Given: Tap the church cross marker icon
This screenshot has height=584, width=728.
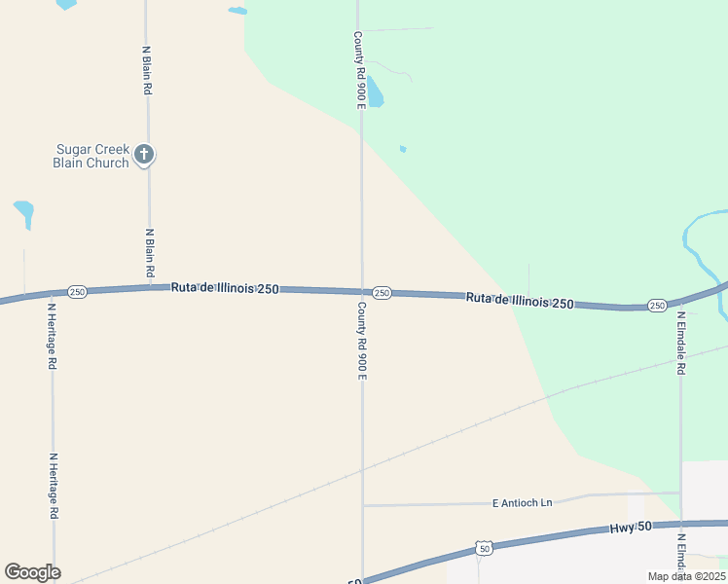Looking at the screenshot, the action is pyautogui.click(x=144, y=153).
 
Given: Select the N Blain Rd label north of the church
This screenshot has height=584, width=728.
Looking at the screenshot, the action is pyautogui.click(x=147, y=69).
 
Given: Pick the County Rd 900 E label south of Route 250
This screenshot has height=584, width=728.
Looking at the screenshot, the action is pyautogui.click(x=361, y=341).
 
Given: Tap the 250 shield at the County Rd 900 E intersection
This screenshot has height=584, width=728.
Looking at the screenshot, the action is pyautogui.click(x=382, y=293).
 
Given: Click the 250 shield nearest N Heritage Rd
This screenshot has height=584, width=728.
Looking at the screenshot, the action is pyautogui.click(x=78, y=292).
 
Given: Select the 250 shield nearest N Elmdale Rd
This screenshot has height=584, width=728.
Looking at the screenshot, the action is pyautogui.click(x=657, y=306).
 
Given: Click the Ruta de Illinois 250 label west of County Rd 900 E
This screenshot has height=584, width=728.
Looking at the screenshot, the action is pyautogui.click(x=225, y=288).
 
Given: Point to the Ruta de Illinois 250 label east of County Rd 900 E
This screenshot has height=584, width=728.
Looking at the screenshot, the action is pyautogui.click(x=519, y=300).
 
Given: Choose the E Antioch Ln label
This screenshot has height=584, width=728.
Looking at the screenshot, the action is pyautogui.click(x=522, y=502).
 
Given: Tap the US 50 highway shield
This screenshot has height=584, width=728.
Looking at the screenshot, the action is pyautogui.click(x=484, y=549).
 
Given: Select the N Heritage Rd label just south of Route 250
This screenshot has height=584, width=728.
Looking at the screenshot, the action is pyautogui.click(x=53, y=336).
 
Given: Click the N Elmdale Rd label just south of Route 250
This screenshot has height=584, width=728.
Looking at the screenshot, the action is pyautogui.click(x=682, y=344).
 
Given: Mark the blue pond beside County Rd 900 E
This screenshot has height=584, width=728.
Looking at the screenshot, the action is pyautogui.click(x=375, y=92).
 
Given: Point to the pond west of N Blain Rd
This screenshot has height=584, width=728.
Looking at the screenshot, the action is pyautogui.click(x=23, y=211).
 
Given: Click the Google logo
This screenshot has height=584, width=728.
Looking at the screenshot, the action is pyautogui.click(x=32, y=572).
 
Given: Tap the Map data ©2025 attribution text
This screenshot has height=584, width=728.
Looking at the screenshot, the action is pyautogui.click(x=685, y=576).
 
